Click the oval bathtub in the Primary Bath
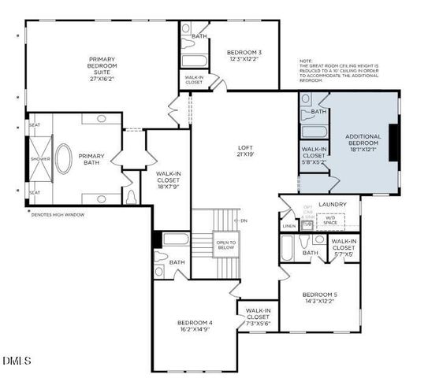tap(61, 158)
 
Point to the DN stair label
tap(244, 220)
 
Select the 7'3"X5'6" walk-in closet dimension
tap(259, 324)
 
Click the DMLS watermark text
tap(17, 361)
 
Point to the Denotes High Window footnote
tap(61, 213)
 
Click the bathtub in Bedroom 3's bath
tap(193, 60)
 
